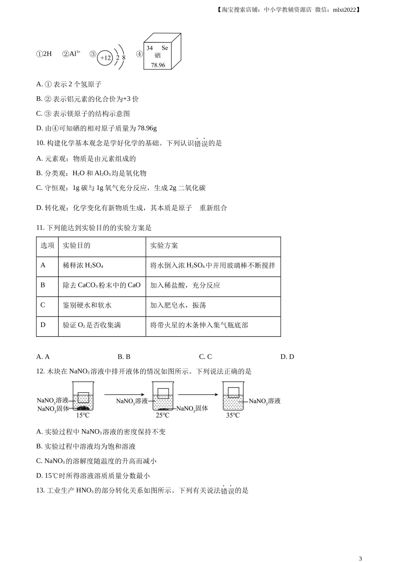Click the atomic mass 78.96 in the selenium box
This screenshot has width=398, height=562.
(x=158, y=65)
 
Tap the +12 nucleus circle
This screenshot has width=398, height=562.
(x=105, y=58)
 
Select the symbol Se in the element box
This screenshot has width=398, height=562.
(x=165, y=48)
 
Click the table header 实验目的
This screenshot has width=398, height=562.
(x=76, y=245)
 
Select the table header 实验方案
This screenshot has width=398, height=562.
(x=164, y=245)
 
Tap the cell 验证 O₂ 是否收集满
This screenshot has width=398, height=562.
(x=92, y=325)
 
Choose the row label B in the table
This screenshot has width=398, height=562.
(x=43, y=285)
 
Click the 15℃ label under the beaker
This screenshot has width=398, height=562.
(x=83, y=415)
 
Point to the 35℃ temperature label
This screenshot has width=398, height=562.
(x=233, y=415)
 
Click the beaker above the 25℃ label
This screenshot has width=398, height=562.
(x=163, y=396)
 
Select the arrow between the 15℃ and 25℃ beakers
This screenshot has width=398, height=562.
(x=124, y=394)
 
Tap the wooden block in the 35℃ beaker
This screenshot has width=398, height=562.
(x=233, y=392)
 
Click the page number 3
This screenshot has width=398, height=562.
(x=360, y=558)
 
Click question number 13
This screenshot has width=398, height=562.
(x=40, y=490)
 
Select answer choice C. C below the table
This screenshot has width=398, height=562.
(x=205, y=357)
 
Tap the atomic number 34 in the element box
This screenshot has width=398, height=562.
(x=150, y=48)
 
